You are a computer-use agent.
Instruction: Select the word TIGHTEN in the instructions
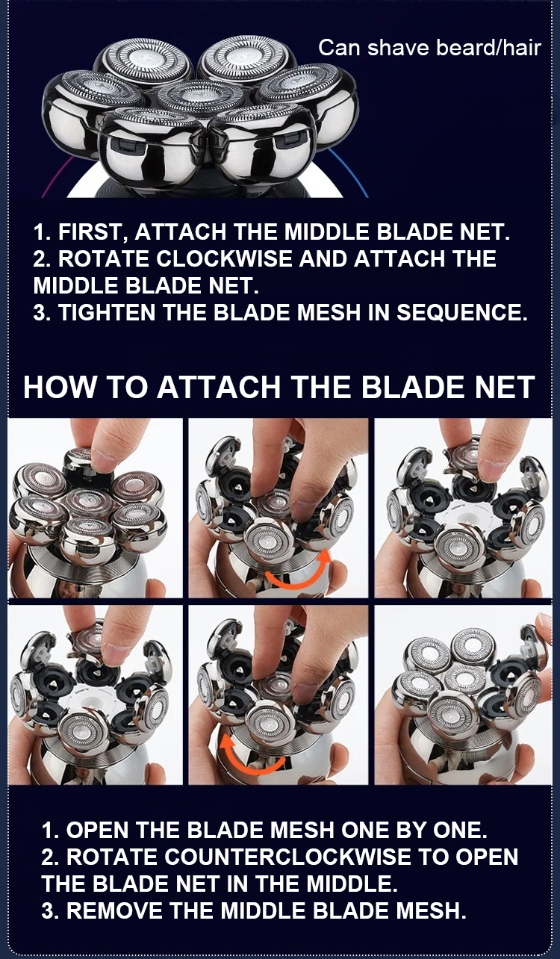click(107, 312)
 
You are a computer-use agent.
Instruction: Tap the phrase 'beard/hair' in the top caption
click(488, 48)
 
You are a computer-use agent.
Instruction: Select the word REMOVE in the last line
click(114, 910)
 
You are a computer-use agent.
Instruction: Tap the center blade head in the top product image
click(194, 96)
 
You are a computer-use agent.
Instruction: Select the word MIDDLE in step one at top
click(327, 232)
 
